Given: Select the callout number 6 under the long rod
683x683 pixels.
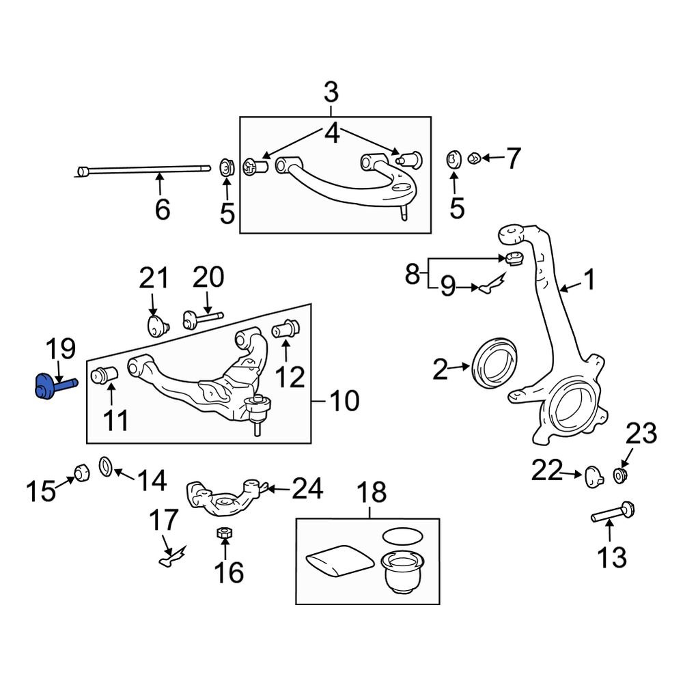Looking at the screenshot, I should point(162,209).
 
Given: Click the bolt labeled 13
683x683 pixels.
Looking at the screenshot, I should point(614,514).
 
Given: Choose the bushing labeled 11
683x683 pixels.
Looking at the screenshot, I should point(106,376).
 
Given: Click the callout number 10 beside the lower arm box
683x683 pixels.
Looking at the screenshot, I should point(344,401).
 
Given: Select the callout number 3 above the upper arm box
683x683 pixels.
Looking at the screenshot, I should point(331,91).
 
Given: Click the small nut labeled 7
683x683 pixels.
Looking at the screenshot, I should point(473,159).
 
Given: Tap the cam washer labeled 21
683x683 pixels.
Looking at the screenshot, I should point(158,324).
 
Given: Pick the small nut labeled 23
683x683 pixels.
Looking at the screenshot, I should point(621,475).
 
